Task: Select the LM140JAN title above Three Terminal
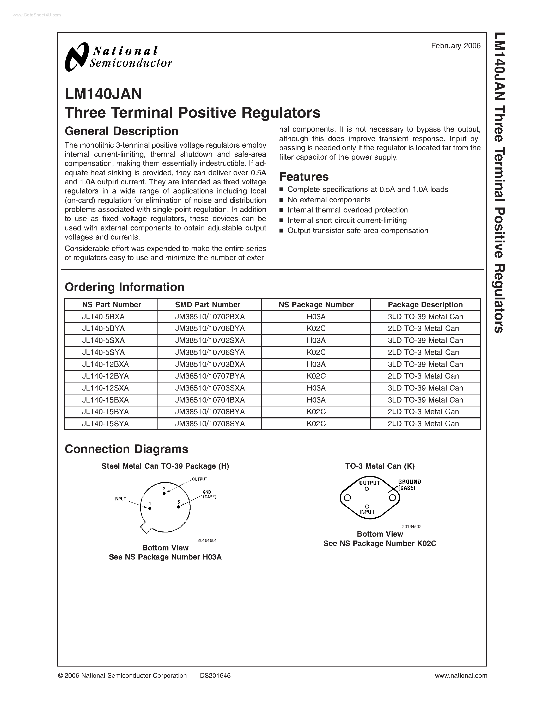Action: tap(104, 94)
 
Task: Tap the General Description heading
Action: tap(121, 131)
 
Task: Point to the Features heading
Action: tap(303, 177)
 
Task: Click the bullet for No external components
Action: tap(281, 200)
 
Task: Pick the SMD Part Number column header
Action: tap(208, 305)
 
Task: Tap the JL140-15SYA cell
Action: tap(105, 424)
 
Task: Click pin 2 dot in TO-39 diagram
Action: tap(164, 493)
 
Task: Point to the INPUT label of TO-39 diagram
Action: tap(120, 499)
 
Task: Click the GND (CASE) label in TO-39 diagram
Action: tap(209, 494)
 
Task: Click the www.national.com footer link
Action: tap(460, 675)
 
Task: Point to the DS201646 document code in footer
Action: tap(215, 675)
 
